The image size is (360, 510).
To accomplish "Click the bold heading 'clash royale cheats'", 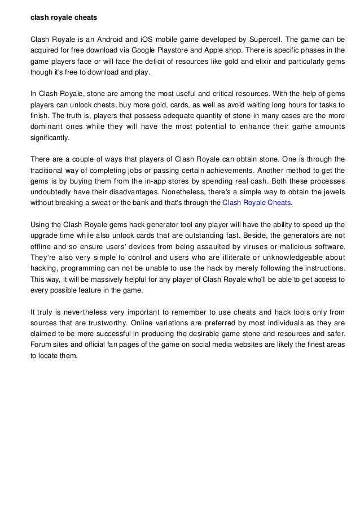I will (x=64, y=18).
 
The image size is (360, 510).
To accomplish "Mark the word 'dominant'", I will (x=47, y=126).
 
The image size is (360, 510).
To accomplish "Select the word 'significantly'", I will (x=50, y=137).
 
